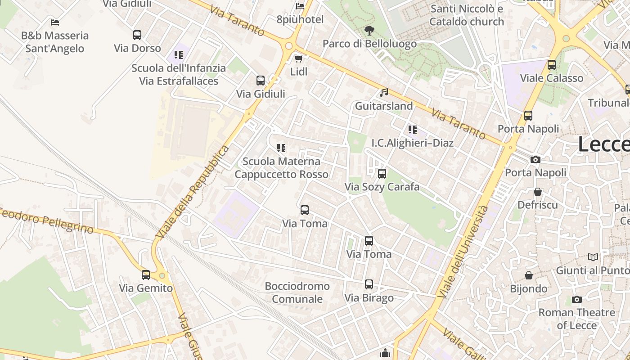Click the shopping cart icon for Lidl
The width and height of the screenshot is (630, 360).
click(x=298, y=58)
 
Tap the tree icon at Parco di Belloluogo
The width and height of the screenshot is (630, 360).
click(x=369, y=31)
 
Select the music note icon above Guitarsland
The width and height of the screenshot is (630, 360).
click(x=383, y=93)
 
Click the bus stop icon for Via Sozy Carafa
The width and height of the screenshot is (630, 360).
click(x=382, y=173)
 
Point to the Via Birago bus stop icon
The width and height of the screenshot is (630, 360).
click(x=369, y=284)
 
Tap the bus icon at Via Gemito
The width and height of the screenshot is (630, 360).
click(x=146, y=274)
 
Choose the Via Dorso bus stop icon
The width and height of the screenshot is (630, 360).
click(x=137, y=35)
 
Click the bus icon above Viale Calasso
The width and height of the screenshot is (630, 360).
click(x=552, y=65)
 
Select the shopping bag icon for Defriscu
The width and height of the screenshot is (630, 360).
click(x=538, y=192)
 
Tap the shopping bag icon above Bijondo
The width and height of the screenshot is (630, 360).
click(x=529, y=275)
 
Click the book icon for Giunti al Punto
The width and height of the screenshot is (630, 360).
click(x=594, y=257)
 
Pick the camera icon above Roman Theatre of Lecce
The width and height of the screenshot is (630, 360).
click(x=576, y=299)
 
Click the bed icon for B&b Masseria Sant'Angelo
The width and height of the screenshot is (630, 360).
click(x=55, y=22)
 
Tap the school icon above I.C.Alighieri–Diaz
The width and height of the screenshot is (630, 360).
click(x=412, y=130)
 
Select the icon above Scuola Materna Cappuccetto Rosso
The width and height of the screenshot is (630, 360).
click(x=281, y=148)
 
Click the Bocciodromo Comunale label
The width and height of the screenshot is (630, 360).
click(x=297, y=292)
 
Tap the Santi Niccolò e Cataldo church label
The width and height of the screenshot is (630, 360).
click(x=467, y=15)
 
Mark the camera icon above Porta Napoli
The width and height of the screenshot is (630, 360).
click(x=535, y=159)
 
